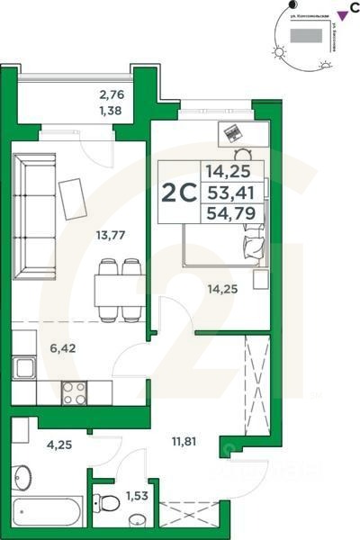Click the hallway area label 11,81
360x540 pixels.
(184, 442)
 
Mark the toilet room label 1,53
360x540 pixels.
(136, 496)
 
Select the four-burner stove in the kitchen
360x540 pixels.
(73, 392)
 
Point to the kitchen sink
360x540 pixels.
(24, 368)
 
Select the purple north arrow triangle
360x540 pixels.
(341, 13)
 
